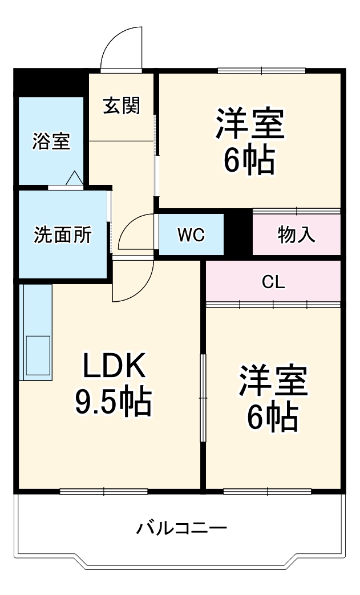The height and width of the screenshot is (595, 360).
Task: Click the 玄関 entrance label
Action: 121,106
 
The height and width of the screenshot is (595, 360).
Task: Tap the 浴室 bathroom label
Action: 51,141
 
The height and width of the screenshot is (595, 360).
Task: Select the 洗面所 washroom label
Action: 62,234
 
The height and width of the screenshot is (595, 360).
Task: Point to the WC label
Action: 191,234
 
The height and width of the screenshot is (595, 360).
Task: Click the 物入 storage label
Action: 297,234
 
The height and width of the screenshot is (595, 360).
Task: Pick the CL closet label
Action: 273,282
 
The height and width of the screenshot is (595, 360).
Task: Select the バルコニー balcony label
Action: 181,528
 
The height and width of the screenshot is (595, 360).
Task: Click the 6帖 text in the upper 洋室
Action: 249,161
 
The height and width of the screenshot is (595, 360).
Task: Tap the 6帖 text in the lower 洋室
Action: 273,418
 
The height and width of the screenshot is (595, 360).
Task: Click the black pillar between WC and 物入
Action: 238,232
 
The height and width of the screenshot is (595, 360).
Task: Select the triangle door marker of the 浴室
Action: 75,179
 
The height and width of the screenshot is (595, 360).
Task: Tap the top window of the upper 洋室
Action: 261,71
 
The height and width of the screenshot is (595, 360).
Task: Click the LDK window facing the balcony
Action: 104,491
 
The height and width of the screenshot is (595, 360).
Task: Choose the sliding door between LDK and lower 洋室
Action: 203,398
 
